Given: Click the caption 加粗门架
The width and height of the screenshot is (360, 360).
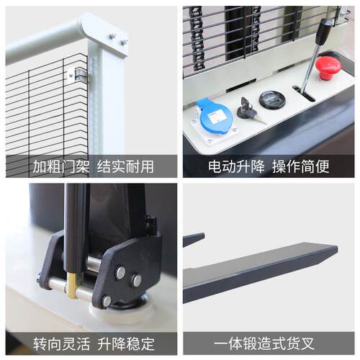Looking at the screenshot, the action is pyautogui.click(x=60, y=166).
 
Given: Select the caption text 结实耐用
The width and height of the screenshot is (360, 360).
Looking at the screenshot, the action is pyautogui.click(x=125, y=166).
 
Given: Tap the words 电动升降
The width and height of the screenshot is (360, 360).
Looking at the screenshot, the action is pyautogui.click(x=236, y=166).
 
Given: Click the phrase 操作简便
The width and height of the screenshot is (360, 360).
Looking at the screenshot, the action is pyautogui.click(x=300, y=166).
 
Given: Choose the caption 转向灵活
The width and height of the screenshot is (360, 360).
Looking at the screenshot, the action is pyautogui.click(x=61, y=343).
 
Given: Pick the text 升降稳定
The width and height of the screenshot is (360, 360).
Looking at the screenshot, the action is pyautogui.click(x=126, y=343).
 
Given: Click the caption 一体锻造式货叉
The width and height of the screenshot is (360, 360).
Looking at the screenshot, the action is pyautogui.click(x=264, y=343).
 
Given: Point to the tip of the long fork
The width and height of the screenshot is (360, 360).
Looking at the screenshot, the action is pyautogui.click(x=337, y=248).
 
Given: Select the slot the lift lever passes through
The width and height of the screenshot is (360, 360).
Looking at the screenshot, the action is pyautogui.click(x=304, y=94).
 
